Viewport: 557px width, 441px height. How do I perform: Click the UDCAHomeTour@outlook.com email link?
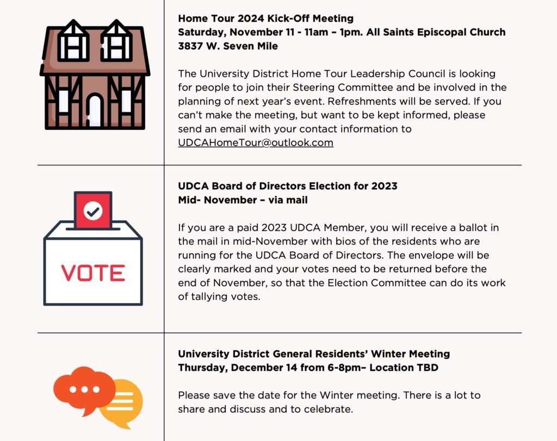point(255,143)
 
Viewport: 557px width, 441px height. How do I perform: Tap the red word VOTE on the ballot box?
point(93,273)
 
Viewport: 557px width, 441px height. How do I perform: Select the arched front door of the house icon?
point(95,110)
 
